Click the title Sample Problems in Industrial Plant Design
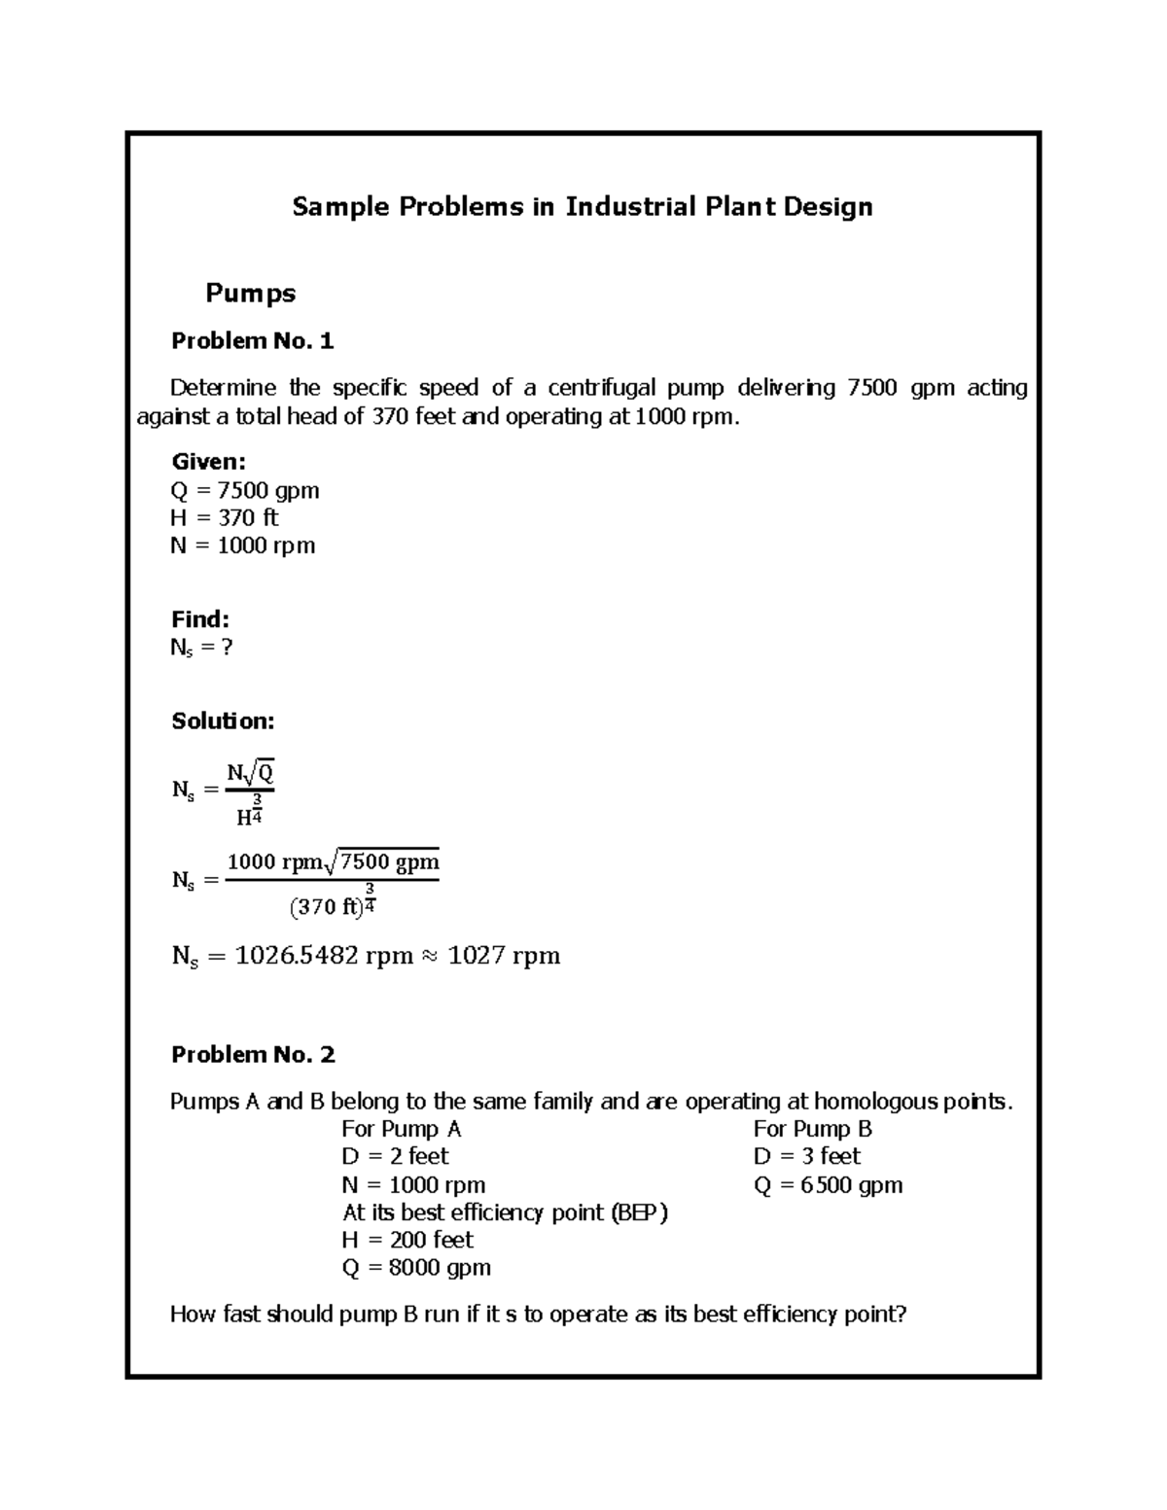tap(583, 207)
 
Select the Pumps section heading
tap(250, 293)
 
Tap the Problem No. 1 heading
tap(252, 340)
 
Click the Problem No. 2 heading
tap(253, 1054)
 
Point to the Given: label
tap(208, 462)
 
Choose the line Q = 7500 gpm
tap(244, 490)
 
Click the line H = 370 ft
tap(224, 517)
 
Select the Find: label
tap(199, 619)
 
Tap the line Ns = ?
tap(201, 648)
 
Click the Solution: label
tap(223, 720)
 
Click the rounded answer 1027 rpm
tap(504, 956)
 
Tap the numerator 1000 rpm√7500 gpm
tap(333, 862)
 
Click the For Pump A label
tap(401, 1129)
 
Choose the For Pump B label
tap(812, 1129)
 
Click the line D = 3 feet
tap(806, 1156)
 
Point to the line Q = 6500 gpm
tap(828, 1184)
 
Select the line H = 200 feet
tap(407, 1240)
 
